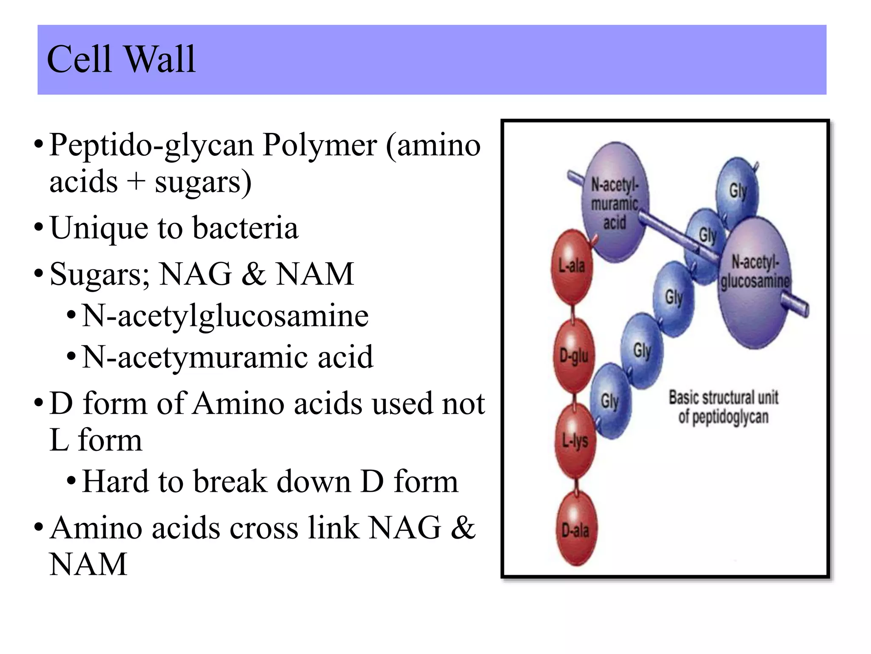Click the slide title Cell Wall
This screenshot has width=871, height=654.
pos(121,60)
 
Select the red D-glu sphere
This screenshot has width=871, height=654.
pos(574,356)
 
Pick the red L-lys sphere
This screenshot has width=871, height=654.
pos(575,441)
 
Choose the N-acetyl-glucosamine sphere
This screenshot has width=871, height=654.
pos(754,281)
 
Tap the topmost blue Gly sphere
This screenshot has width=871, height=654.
pos(738,189)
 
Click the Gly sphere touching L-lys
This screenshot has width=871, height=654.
pos(610,401)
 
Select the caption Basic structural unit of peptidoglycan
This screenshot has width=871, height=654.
pos(723,407)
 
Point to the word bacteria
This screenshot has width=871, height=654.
pos(245,228)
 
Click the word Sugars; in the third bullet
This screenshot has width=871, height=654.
pos(100,274)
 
